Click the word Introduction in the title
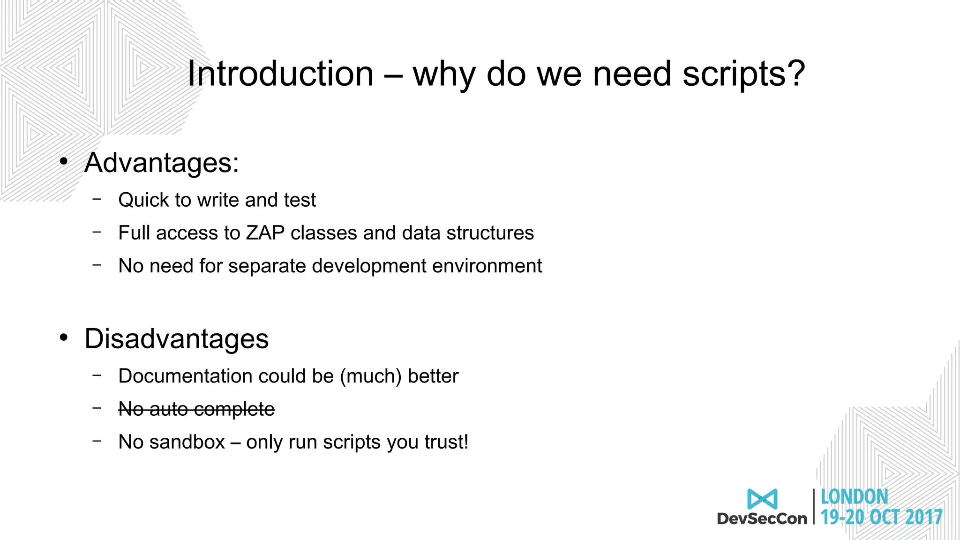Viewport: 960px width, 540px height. (280, 74)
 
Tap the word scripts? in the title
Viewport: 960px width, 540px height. (743, 74)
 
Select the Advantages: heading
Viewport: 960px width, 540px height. (162, 163)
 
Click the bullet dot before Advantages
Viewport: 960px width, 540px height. (64, 162)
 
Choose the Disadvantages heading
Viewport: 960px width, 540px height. (176, 338)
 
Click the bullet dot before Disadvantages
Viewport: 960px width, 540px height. (64, 337)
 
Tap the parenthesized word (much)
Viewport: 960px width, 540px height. (371, 376)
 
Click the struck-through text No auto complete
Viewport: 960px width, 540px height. (196, 409)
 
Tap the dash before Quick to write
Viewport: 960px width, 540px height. (97, 199)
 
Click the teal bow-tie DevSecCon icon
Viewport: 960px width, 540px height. (762, 499)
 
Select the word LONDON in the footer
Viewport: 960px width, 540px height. (854, 497)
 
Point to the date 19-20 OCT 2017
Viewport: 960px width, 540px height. (881, 517)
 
